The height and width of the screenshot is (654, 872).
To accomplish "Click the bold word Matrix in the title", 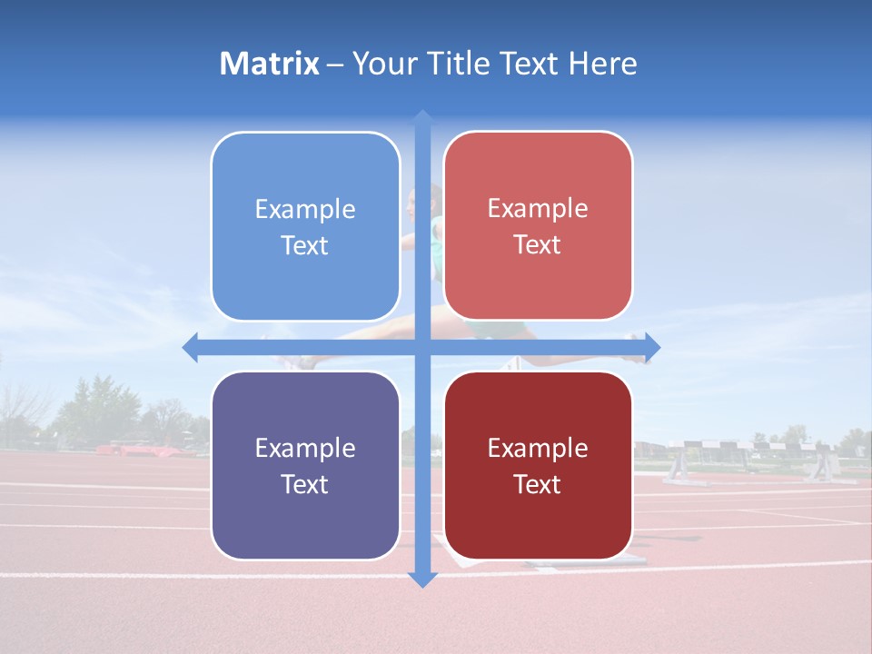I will (269, 64).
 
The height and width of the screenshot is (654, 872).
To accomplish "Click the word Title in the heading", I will (466, 64).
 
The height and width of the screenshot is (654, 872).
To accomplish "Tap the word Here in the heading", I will (602, 64).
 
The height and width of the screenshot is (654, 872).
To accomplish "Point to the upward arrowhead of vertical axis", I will (422, 118).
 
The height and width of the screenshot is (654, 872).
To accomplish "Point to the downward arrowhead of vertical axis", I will (422, 579).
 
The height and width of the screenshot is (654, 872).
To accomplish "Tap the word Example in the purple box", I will (305, 449).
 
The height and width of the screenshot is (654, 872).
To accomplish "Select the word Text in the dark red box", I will (538, 484).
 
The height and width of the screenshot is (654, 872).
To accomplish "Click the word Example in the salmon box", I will (538, 209).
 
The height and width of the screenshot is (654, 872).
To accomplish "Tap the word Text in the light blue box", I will (305, 245).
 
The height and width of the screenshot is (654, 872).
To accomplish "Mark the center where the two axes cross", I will (422, 348).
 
